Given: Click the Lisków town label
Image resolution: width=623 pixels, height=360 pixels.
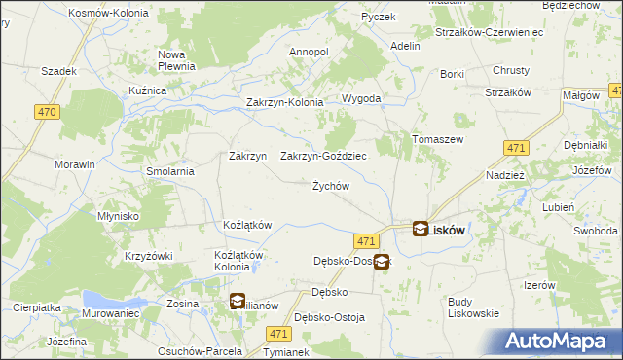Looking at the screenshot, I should [x=445, y=231].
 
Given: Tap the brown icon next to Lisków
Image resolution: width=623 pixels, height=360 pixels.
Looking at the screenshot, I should [x=420, y=230].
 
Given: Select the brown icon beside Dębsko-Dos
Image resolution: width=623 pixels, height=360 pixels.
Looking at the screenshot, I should [x=382, y=261].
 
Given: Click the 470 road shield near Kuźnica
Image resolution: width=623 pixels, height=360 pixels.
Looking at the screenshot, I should [x=46, y=113].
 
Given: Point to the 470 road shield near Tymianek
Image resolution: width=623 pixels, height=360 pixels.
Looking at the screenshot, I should [x=277, y=333].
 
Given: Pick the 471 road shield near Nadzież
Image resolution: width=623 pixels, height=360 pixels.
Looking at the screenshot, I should [x=517, y=147].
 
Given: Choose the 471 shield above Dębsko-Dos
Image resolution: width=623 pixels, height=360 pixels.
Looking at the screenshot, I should [x=366, y=240].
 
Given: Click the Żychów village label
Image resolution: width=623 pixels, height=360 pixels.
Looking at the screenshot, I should [x=330, y=186].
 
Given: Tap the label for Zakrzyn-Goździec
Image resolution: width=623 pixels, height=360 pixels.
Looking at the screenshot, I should [x=323, y=156].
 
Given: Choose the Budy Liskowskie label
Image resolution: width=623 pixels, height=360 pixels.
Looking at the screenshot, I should [x=473, y=306].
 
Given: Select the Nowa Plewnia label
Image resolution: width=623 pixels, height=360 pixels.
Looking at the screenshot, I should [x=178, y=60].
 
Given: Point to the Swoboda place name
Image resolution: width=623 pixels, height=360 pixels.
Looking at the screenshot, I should [x=595, y=231].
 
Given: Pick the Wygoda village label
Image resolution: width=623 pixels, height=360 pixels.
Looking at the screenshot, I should [x=360, y=99].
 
